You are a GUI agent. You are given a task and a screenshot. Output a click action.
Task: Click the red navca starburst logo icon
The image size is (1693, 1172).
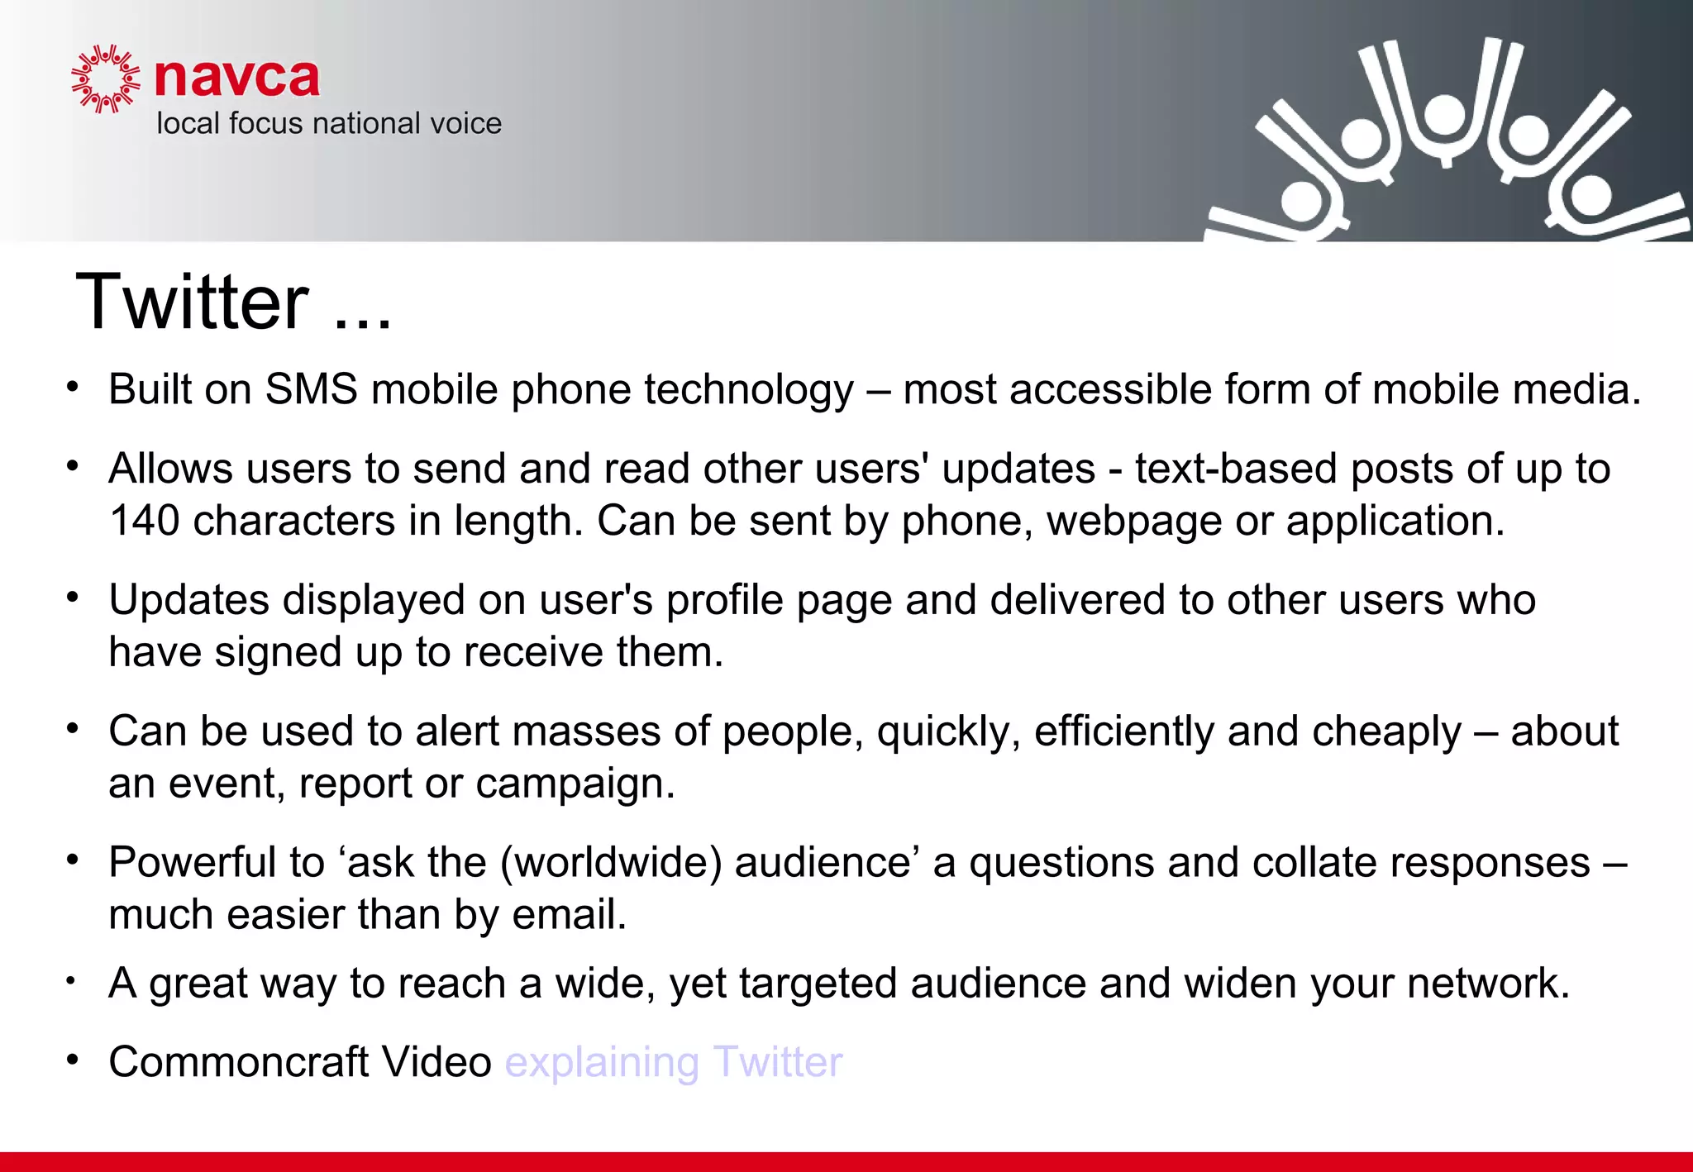(x=105, y=79)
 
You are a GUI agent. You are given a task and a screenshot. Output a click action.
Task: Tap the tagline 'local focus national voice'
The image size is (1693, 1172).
(x=329, y=124)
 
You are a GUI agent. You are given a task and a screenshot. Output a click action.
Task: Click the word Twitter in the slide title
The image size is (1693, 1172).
(x=192, y=303)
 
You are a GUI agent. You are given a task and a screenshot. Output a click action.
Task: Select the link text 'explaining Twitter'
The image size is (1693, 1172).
(x=674, y=1062)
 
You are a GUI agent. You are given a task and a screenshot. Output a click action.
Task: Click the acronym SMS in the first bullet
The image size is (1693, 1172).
(x=311, y=389)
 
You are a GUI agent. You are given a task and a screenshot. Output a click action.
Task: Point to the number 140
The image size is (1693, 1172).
(x=144, y=522)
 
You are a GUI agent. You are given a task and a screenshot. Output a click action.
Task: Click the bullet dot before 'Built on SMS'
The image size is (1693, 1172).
(x=73, y=387)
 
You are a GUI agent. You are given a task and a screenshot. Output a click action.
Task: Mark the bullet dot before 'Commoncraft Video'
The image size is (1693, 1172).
(x=73, y=1060)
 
